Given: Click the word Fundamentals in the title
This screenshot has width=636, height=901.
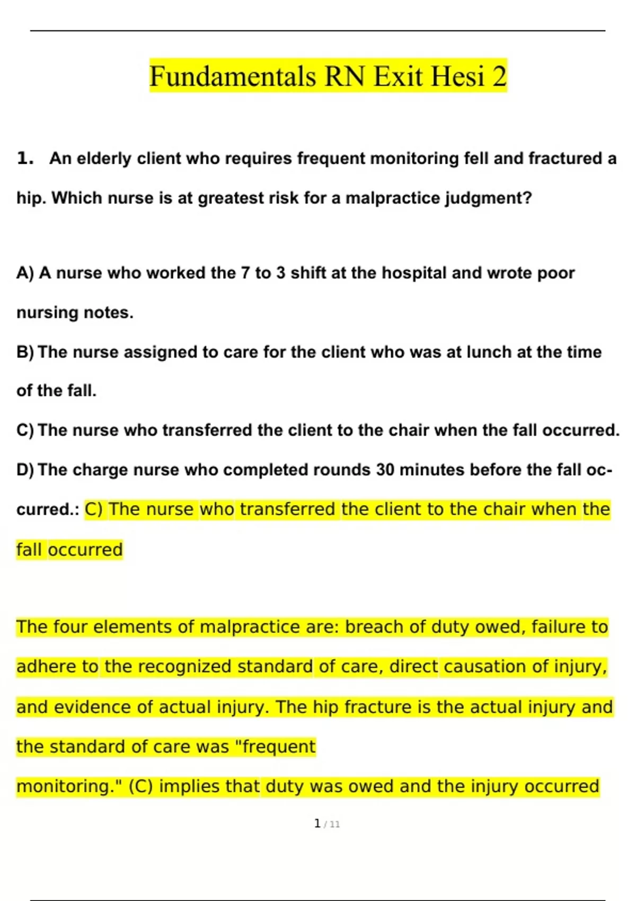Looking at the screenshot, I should (232, 76).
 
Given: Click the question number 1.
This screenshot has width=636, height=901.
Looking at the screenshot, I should (25, 158).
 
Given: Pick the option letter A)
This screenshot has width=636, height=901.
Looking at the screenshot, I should (25, 273).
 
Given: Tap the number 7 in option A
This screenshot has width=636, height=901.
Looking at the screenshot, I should (245, 273).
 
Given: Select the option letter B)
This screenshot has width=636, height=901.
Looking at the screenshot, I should (25, 352).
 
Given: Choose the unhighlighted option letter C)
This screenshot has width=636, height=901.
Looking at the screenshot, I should (25, 430).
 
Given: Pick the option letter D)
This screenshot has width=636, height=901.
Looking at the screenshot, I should (25, 470).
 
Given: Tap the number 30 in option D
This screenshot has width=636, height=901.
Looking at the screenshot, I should (385, 470).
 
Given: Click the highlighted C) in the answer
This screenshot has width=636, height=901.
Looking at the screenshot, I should (94, 509).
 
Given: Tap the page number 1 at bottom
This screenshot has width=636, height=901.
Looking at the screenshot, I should (317, 824).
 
